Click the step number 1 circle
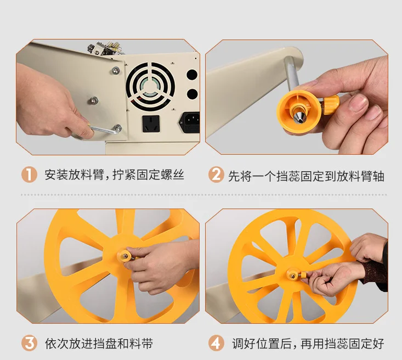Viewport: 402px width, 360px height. tap(29, 175)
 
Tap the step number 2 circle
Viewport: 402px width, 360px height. tap(216, 175)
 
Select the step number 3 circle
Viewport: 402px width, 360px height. tap(29, 343)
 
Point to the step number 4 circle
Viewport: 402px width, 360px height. tap(216, 343)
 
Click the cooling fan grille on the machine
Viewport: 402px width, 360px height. tap(151, 86)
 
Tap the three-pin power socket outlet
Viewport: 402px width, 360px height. tap(151, 123)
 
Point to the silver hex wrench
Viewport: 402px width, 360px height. tap(103, 130)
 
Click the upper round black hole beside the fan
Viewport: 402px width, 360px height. tap(192, 75)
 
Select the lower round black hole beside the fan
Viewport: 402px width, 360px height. tap(192, 94)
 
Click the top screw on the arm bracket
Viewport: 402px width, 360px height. tap(116, 70)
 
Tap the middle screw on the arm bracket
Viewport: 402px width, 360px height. tap(94, 100)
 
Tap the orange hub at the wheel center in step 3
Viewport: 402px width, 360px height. tap(125, 256)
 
